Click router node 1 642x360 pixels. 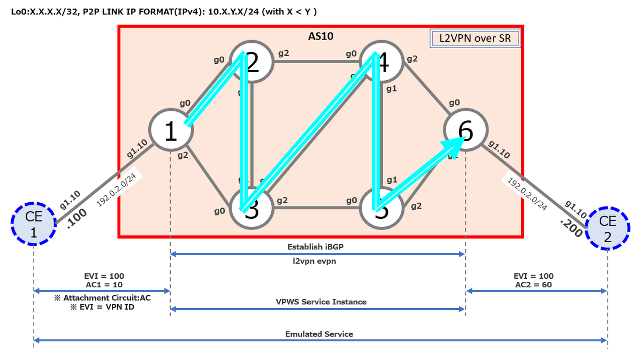171,131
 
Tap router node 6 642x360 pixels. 465,131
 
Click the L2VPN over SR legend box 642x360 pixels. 475,39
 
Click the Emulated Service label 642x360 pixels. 319,334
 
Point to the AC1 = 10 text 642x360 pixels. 102,285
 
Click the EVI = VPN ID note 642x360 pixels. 102,308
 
